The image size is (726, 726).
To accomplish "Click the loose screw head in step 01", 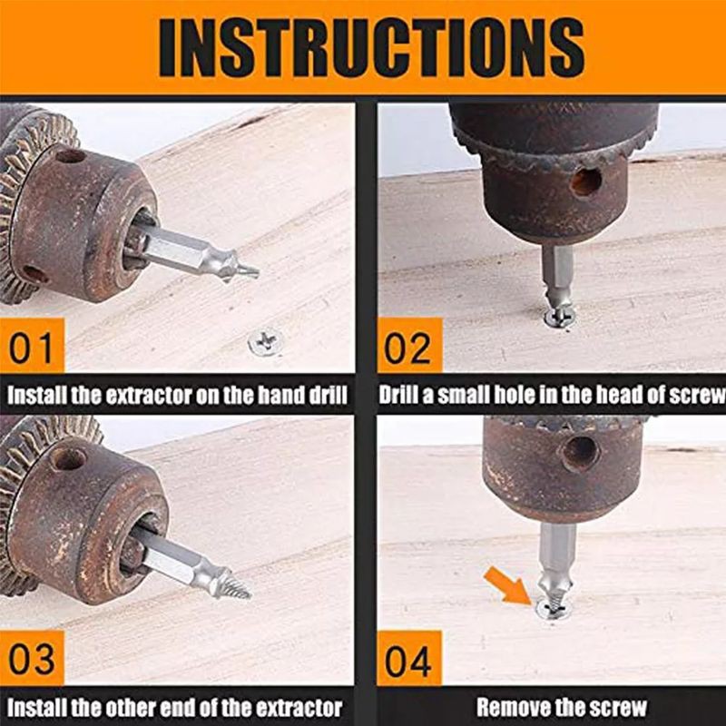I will [266, 342].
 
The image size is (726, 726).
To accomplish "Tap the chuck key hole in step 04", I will [580, 454].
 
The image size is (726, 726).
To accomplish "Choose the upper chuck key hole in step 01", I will [71, 155].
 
